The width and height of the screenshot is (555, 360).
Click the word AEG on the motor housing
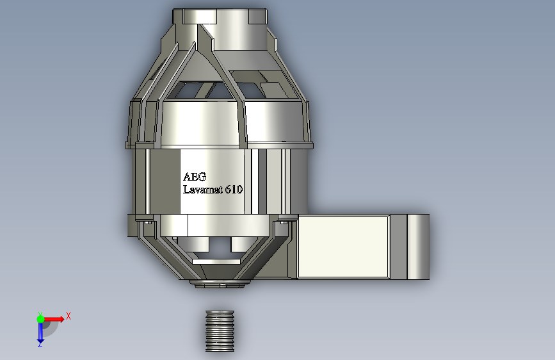point(195,176)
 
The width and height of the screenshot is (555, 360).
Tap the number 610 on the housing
point(234,189)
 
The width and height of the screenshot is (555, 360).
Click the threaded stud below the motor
point(220,331)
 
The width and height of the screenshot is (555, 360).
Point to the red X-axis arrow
point(54,319)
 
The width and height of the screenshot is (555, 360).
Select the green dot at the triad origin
point(40,319)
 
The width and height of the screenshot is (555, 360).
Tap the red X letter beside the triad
point(68,316)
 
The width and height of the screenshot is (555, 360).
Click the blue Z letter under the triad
point(40,344)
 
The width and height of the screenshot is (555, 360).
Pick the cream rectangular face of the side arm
point(343,247)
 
